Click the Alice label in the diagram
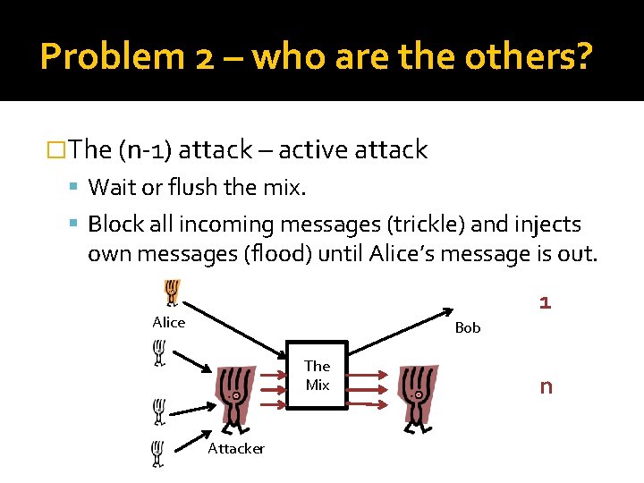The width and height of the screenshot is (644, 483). coord(168,323)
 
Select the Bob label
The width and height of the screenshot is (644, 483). coord(468,328)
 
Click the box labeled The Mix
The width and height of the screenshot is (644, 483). coord(317,376)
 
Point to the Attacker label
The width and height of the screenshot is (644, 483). coord(236,449)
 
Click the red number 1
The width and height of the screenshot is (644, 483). coord(545,303)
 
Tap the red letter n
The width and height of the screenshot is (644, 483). coord(545,387)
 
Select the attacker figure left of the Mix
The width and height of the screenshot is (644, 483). coord(233,396)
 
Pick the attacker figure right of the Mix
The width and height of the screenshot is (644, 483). coord(418,396)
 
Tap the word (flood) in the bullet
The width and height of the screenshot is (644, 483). coord(276,254)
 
